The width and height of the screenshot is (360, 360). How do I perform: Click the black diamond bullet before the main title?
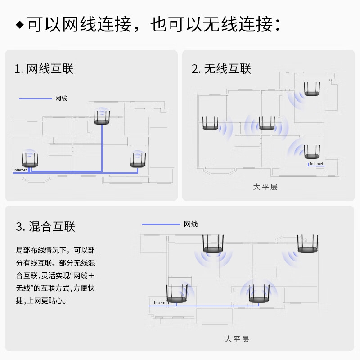point(19,25)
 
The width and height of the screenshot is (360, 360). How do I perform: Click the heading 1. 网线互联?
point(44,69)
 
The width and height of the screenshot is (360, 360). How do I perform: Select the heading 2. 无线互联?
point(221,69)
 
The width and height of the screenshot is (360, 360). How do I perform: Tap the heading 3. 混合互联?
point(45,227)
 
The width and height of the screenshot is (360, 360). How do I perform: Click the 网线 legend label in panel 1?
point(61,98)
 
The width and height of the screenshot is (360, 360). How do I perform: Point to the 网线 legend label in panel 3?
point(190,224)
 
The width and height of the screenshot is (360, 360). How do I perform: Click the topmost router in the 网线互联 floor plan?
point(102,118)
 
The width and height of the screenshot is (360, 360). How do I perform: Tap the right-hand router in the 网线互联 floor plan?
point(137,161)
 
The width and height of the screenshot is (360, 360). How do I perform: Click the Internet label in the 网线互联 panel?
point(20,170)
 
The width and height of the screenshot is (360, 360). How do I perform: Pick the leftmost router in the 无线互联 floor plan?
point(210,124)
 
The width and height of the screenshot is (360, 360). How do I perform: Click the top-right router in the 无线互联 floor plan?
point(311,89)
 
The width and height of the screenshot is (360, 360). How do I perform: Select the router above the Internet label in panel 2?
point(312,151)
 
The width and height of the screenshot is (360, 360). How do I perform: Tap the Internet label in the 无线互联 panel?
point(316,164)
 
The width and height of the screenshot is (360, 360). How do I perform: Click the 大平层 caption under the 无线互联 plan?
point(265,187)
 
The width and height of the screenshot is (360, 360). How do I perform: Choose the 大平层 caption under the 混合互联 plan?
point(236,339)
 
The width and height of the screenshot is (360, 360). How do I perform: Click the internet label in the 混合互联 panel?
point(162,303)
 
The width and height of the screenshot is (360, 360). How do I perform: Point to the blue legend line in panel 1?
point(35,98)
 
